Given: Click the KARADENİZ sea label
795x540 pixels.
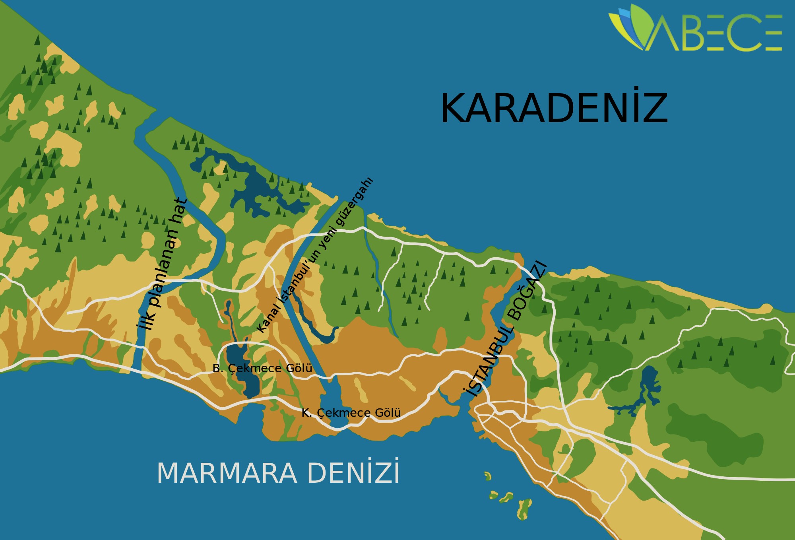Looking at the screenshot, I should coord(554,108).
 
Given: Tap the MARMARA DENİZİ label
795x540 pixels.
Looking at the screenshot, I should coord(278,473).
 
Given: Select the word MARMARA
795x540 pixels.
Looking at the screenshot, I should coord(227,473).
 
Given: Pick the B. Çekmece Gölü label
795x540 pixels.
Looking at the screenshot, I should coord(262,368).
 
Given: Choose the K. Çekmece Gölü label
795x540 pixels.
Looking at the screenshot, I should coord(351,413).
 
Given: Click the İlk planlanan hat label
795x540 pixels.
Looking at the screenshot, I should coord(161,264).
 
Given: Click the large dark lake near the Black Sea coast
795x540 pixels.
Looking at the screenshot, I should coord(258,187).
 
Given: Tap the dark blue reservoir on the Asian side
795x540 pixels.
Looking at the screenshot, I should coord(648,384).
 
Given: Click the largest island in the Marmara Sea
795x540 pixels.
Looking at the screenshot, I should coord(525,509).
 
